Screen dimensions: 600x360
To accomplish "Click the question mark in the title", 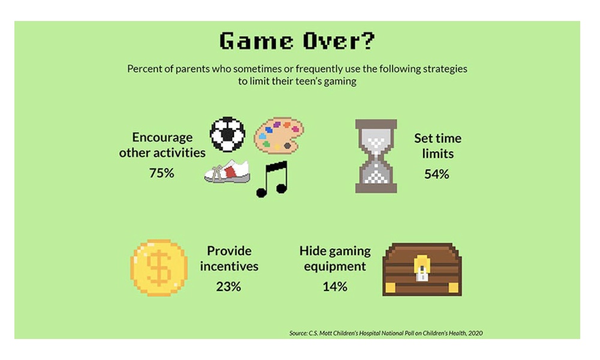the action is [x=367, y=41].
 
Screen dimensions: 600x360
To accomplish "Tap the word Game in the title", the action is [x=256, y=41].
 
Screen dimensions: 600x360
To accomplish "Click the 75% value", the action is [x=161, y=173].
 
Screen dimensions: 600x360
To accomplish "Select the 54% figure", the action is [x=437, y=174].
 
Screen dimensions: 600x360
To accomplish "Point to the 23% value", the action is [x=229, y=286].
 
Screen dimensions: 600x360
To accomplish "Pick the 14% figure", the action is [x=335, y=286].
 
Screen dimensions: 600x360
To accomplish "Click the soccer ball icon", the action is [x=227, y=134].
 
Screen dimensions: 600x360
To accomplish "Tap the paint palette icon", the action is [x=279, y=136].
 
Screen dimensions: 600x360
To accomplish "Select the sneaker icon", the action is [x=227, y=172].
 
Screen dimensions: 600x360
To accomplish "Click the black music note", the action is [x=272, y=179].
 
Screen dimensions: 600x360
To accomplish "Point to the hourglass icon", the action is [x=376, y=156].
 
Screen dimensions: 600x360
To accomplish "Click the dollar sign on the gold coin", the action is [x=159, y=268].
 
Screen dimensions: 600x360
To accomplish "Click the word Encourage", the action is [x=162, y=137].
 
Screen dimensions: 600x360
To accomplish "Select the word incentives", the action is [x=229, y=266].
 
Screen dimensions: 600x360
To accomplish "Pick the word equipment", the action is [x=335, y=266].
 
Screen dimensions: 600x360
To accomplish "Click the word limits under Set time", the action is [x=438, y=154].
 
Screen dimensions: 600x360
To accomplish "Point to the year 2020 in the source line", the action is [x=475, y=333].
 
